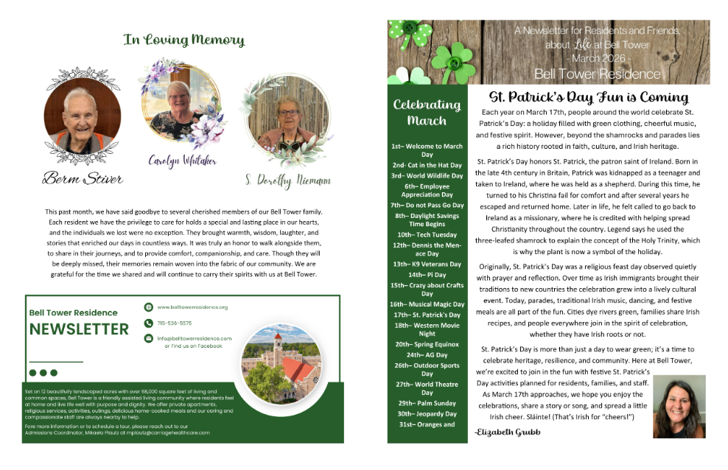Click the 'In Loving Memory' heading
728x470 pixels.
click(x=183, y=40)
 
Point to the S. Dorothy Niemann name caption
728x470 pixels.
click(x=287, y=179)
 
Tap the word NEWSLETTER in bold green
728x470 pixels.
click(x=79, y=329)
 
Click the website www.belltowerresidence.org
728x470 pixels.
click(x=192, y=306)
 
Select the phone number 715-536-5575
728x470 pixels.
click(x=175, y=323)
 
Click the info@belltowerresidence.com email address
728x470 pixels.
click(x=195, y=338)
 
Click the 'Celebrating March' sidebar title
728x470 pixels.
click(x=427, y=112)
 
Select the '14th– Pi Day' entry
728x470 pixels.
click(x=427, y=274)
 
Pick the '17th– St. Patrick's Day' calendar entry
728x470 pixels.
click(x=427, y=315)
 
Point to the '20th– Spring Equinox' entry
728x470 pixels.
click(x=427, y=344)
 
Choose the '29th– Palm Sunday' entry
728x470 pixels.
click(x=427, y=403)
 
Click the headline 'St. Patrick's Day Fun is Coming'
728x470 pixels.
click(x=589, y=97)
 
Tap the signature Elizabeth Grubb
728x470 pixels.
click(x=508, y=432)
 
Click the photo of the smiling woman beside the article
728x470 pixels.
click(x=679, y=407)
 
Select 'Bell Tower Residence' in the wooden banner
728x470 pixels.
click(x=597, y=74)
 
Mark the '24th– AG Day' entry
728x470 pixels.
click(x=427, y=354)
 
